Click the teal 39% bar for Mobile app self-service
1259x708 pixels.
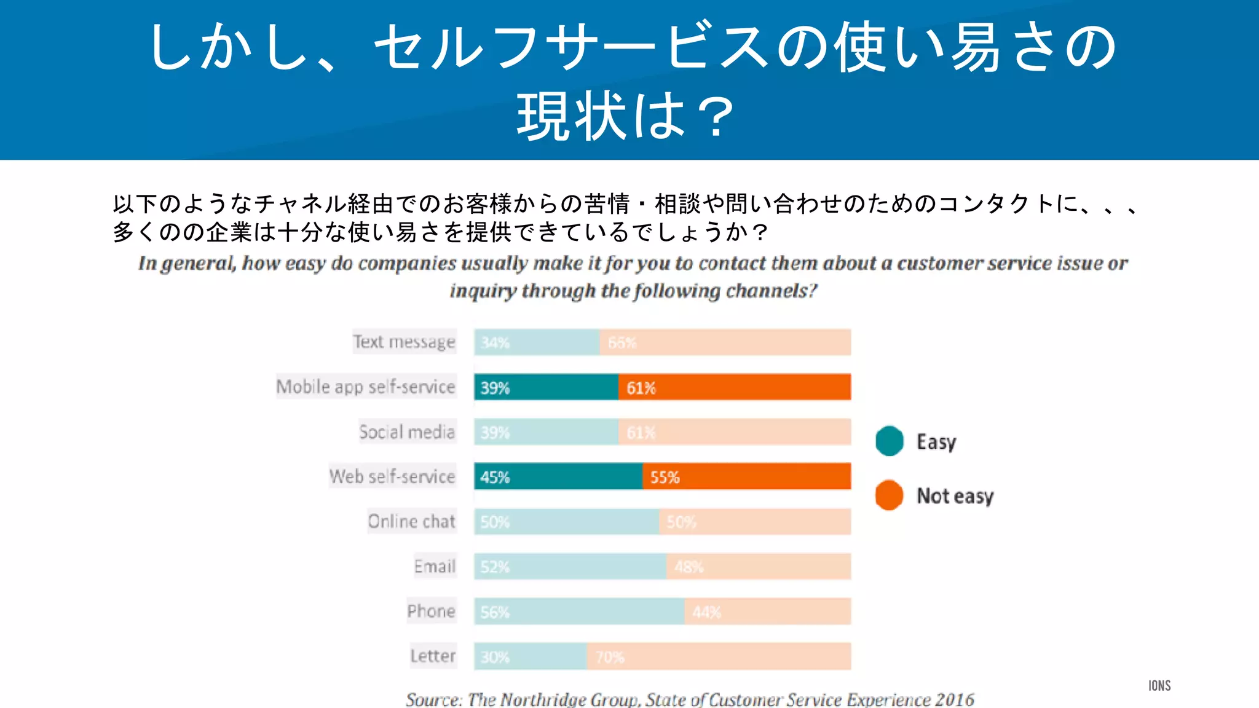[x=546, y=387]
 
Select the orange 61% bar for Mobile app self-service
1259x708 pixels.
[x=735, y=387]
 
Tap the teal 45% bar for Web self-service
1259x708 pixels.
[x=558, y=477]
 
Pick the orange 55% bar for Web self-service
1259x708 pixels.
[x=746, y=477]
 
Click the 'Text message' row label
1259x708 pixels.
[x=404, y=342]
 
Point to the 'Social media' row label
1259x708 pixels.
[x=407, y=432]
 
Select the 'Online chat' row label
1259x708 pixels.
[x=411, y=522]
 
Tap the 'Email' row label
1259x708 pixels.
[x=435, y=567]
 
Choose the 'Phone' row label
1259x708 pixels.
[x=431, y=612]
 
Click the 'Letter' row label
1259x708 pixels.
[x=433, y=656]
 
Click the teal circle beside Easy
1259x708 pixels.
[x=890, y=441]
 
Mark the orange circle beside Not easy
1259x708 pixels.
[x=890, y=495]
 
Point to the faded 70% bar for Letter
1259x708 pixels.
[x=719, y=656]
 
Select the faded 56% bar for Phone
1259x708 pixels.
[x=579, y=612]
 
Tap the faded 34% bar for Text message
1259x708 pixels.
[x=537, y=342]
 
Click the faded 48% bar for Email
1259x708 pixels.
[x=759, y=567]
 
